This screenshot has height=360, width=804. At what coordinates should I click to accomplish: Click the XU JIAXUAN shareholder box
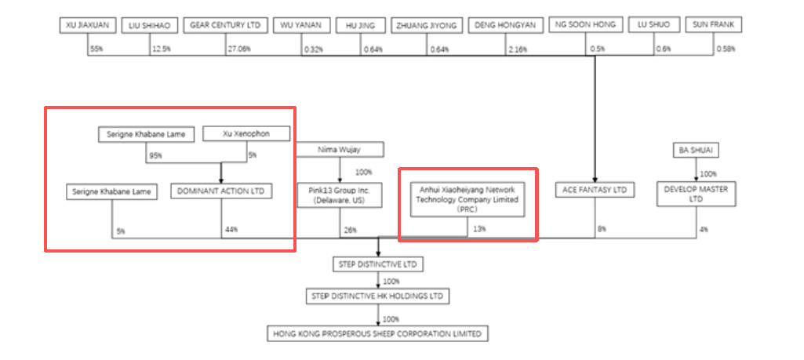click(x=88, y=26)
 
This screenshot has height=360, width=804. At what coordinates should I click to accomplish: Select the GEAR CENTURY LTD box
click(x=225, y=26)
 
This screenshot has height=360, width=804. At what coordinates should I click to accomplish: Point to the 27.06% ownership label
click(x=238, y=49)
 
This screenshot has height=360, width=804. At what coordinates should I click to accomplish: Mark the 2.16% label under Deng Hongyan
click(x=518, y=49)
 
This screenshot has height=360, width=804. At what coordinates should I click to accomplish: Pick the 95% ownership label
click(x=156, y=155)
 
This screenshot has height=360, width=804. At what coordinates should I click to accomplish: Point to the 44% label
click(x=230, y=230)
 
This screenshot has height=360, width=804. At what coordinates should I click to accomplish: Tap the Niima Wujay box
click(x=340, y=149)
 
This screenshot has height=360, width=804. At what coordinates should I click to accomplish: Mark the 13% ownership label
click(x=479, y=230)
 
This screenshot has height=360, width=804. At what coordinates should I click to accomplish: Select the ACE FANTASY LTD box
click(x=594, y=190)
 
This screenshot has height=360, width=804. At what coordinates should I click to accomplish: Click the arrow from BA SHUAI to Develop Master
click(x=695, y=169)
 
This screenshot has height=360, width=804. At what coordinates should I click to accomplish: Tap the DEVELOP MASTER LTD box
click(x=695, y=195)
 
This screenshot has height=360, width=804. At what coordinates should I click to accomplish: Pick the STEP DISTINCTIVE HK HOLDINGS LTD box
click(x=379, y=296)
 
